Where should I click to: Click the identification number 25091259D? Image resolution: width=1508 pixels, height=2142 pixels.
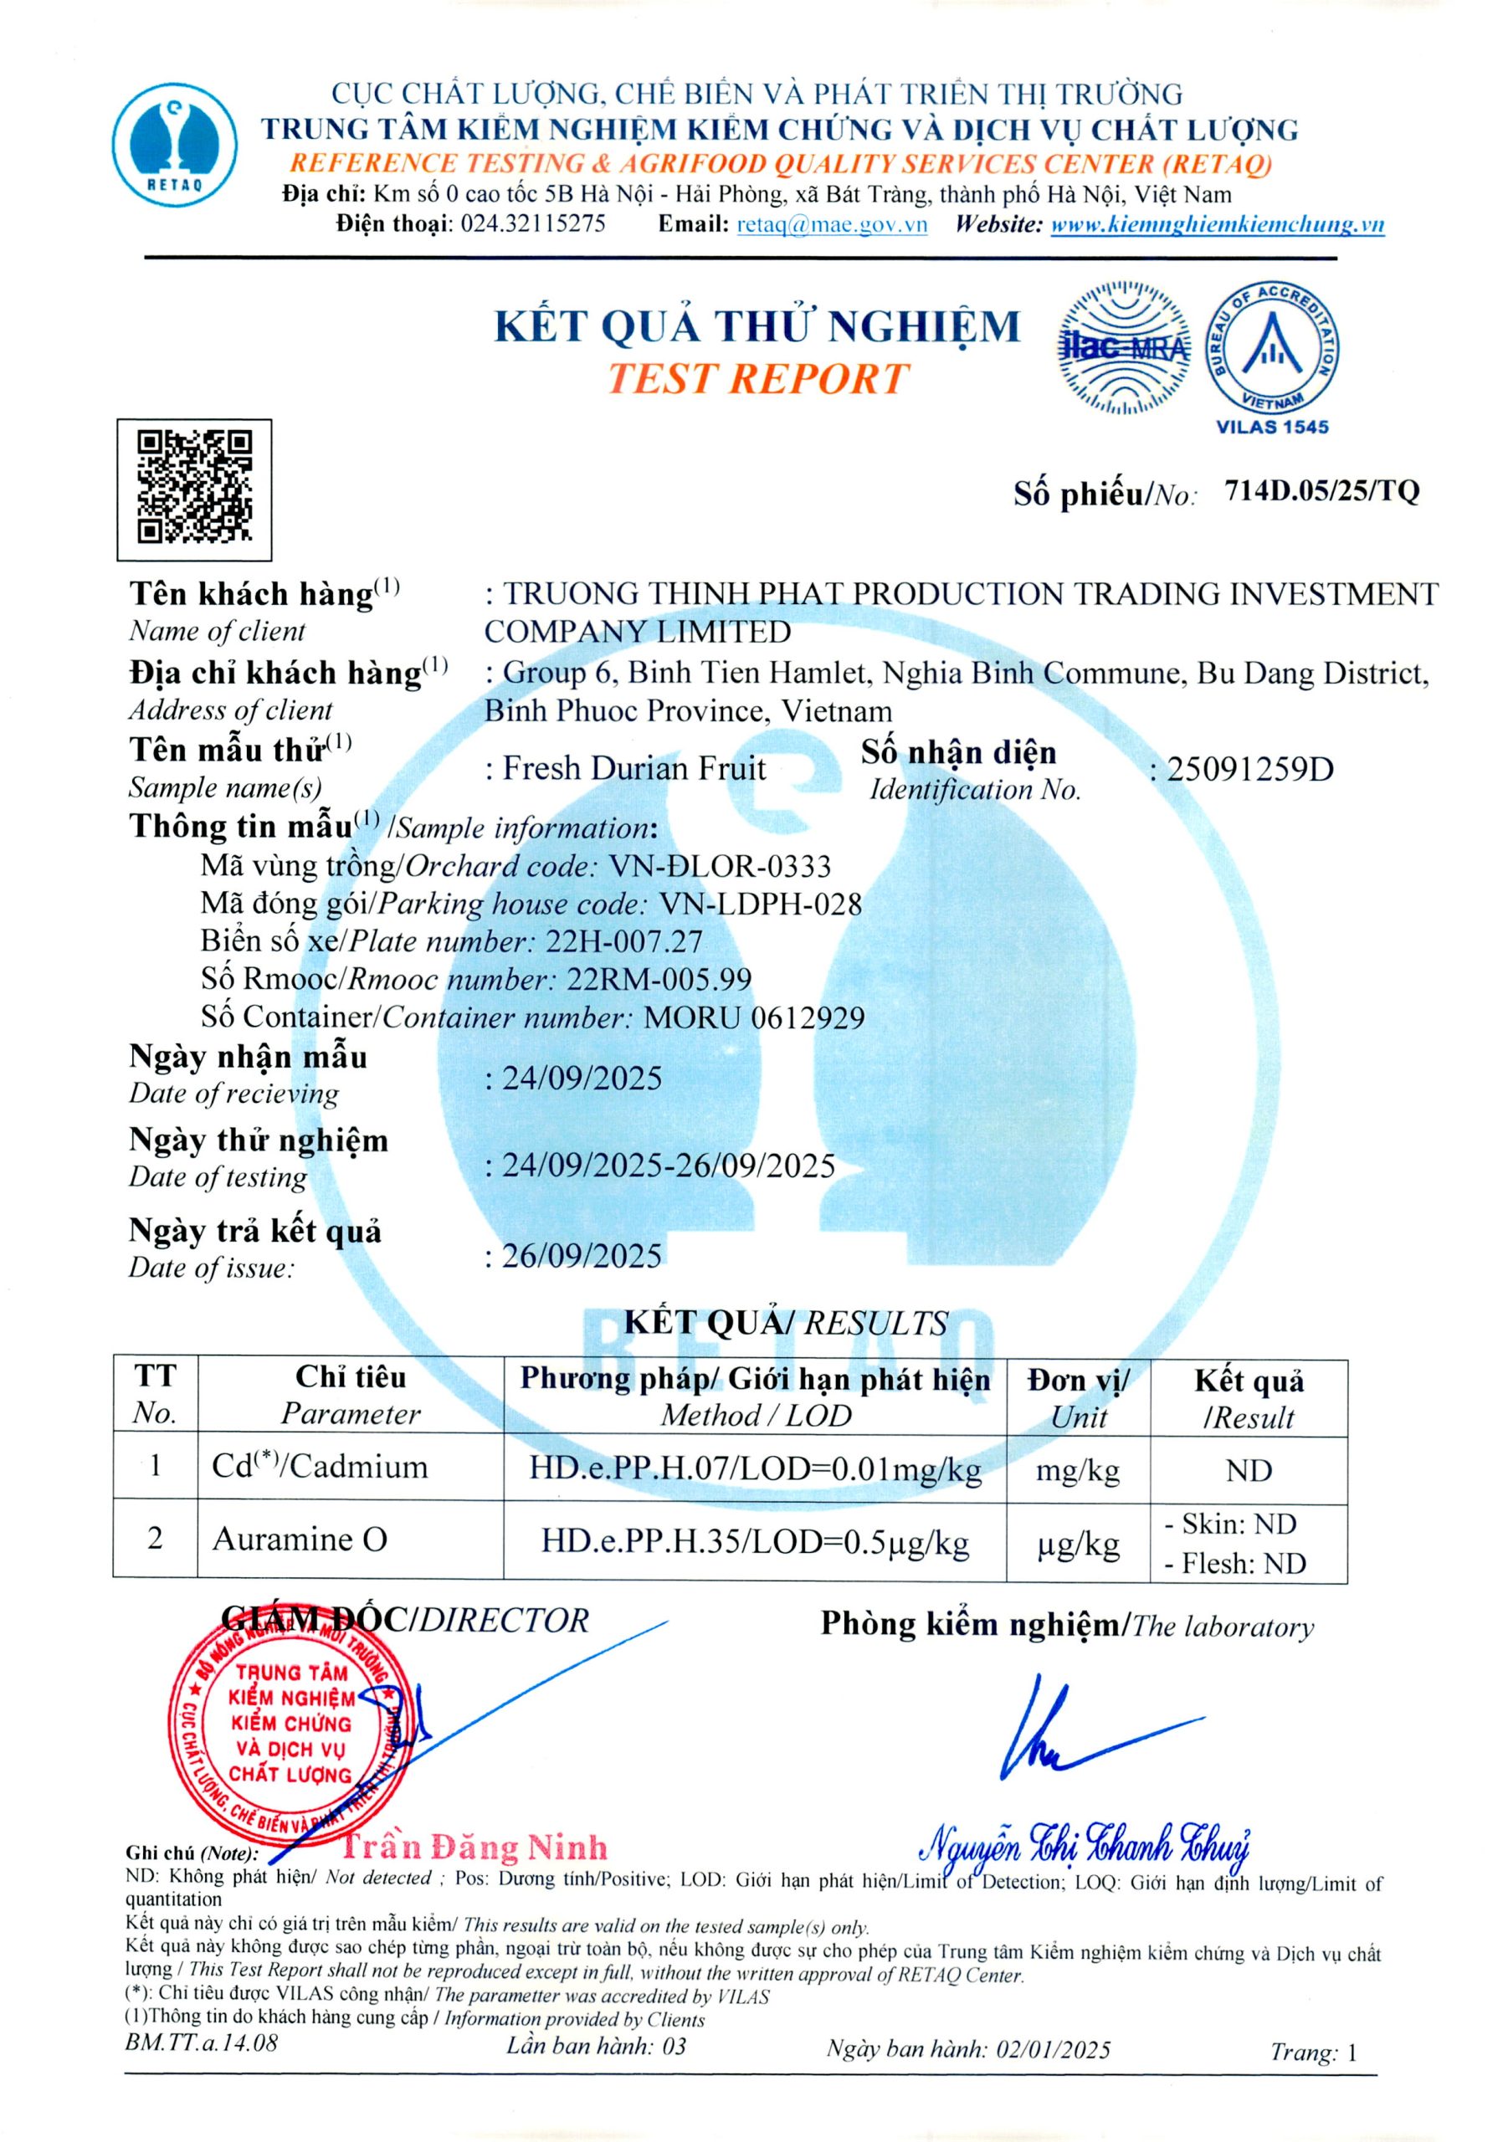pyautogui.click(x=1249, y=770)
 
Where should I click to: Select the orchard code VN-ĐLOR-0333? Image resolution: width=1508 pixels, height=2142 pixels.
pyautogui.click(x=720, y=867)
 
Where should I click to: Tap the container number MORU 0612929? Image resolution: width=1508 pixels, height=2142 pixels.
pyautogui.click(x=754, y=1017)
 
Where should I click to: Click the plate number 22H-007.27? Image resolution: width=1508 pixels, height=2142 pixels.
pyautogui.click(x=623, y=941)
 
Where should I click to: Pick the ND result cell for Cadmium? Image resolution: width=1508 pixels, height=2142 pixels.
pyautogui.click(x=1248, y=1471)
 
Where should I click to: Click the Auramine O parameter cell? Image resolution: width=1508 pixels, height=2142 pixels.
pyautogui.click(x=300, y=1539)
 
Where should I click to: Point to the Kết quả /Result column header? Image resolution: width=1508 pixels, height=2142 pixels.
pyautogui.click(x=1248, y=1398)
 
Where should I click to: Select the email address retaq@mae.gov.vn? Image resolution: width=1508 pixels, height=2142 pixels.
pyautogui.click(x=832, y=224)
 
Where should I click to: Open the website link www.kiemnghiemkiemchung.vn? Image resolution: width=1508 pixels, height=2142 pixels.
pyautogui.click(x=1217, y=224)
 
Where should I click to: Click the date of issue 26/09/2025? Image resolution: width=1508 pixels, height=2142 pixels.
pyautogui.click(x=582, y=1256)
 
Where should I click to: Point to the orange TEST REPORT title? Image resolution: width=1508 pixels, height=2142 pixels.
pyautogui.click(x=757, y=379)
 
